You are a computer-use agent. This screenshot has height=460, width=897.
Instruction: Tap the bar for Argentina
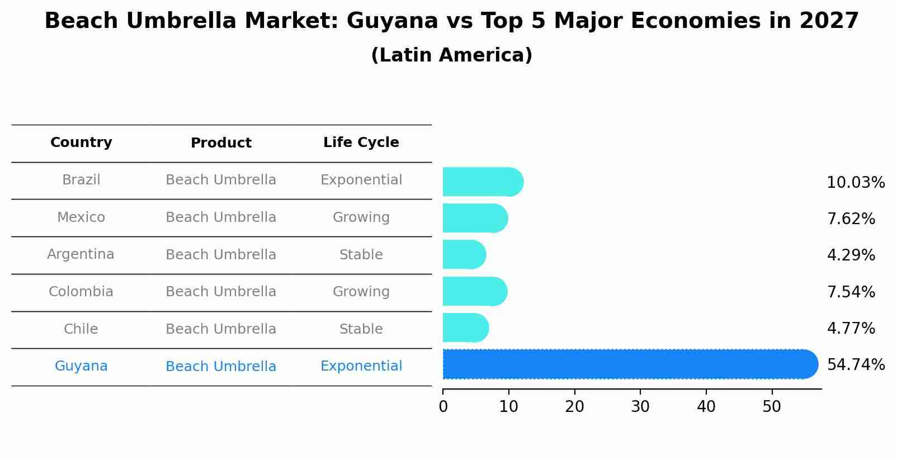click(x=464, y=255)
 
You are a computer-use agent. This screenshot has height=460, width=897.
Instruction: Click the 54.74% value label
click(x=855, y=365)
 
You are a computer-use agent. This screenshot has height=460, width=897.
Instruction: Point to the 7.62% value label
click(x=851, y=219)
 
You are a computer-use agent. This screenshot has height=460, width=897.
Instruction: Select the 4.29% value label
click(x=851, y=255)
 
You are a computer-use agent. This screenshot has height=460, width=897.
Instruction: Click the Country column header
click(x=81, y=143)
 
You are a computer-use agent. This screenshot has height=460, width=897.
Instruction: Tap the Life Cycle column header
click(x=361, y=143)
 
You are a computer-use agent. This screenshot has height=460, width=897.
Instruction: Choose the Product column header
click(x=221, y=143)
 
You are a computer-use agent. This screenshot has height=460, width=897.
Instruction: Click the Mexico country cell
click(x=81, y=217)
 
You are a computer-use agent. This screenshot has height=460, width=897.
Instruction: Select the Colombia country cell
click(x=81, y=292)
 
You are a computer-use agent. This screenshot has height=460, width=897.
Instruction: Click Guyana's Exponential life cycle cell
click(x=361, y=366)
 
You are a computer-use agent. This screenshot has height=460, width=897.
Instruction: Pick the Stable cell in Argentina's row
click(x=361, y=255)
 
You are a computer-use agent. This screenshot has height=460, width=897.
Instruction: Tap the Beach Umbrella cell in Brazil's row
click(x=221, y=180)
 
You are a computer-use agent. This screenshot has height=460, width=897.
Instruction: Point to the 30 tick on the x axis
click(x=640, y=407)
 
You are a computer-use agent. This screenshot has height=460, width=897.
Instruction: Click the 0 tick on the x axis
click(x=443, y=407)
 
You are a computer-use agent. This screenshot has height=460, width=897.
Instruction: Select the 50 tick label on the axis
click(x=772, y=407)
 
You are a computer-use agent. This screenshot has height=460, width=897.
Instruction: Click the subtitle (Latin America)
click(x=451, y=55)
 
